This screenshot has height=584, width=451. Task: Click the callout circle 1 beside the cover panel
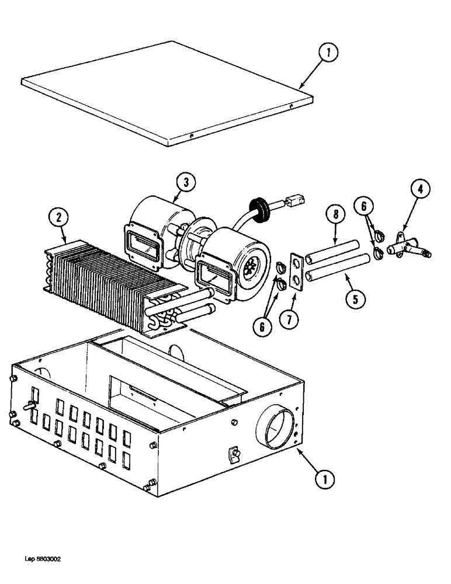(x=329, y=54)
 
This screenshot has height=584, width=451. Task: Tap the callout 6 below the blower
(x=262, y=328)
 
